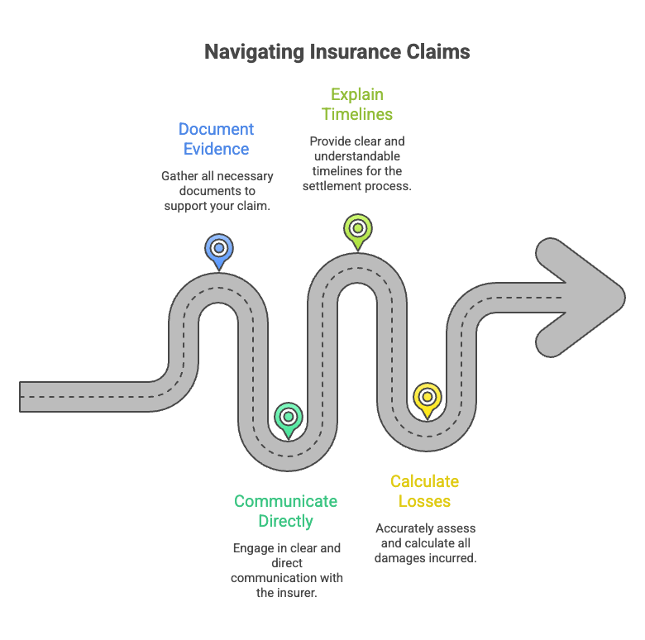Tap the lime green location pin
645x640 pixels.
click(x=358, y=232)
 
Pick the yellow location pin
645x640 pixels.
click(x=428, y=400)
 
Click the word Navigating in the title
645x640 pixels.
click(x=254, y=52)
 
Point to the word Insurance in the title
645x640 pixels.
click(x=355, y=52)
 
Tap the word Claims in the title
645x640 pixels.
click(x=438, y=52)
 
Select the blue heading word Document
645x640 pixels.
click(x=216, y=129)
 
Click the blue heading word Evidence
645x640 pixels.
click(x=216, y=149)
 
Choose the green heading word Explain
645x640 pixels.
click(x=357, y=95)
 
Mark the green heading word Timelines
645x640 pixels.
click(x=357, y=114)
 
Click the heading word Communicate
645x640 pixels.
click(x=285, y=501)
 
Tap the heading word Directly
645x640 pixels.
click(x=285, y=522)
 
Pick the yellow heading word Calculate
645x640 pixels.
click(x=424, y=481)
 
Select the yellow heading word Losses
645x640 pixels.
click(x=424, y=501)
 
